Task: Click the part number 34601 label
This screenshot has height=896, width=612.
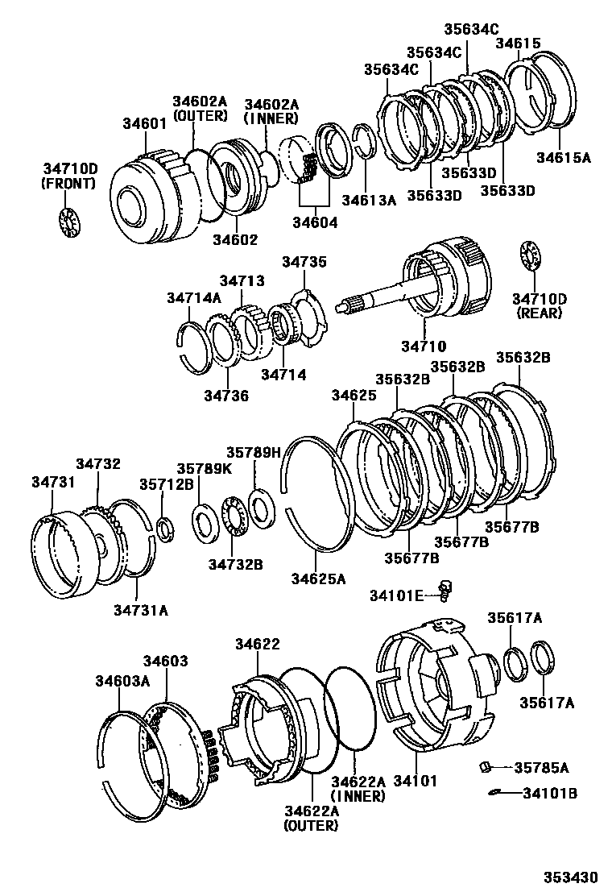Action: [x=144, y=124]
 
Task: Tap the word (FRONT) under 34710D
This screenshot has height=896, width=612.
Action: [x=68, y=183]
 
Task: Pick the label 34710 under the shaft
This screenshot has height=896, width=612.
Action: [x=424, y=346]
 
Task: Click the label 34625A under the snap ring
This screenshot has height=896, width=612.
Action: [x=317, y=578]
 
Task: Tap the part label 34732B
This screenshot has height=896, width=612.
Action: [x=236, y=563]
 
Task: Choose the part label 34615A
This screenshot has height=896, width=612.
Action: [x=564, y=157]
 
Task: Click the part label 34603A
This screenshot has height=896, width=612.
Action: [x=118, y=681]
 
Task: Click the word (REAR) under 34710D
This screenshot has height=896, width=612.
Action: [x=540, y=313]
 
